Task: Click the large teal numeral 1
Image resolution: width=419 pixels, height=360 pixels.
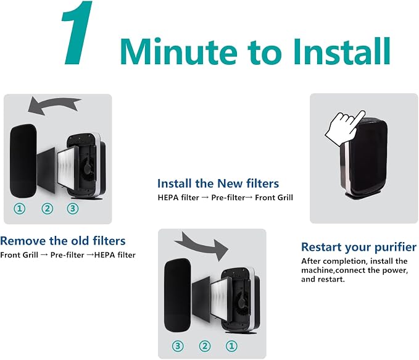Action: point(78,32)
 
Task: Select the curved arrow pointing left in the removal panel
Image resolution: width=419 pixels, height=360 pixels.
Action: point(54,105)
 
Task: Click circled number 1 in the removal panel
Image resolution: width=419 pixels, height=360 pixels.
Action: point(20,209)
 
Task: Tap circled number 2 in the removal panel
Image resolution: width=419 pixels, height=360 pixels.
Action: point(48,209)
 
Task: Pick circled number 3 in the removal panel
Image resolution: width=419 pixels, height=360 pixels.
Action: point(73,209)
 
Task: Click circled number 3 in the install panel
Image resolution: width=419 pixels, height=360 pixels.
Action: point(178,346)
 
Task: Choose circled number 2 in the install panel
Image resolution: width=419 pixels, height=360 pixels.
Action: point(205,346)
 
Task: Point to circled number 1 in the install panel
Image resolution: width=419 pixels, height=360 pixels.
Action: point(231,346)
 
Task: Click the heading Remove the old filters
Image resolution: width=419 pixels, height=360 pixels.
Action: point(63,241)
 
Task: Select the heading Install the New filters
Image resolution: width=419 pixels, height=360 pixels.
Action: point(218,183)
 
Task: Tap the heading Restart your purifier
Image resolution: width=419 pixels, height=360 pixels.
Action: point(359,247)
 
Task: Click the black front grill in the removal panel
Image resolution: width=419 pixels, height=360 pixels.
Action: point(23,161)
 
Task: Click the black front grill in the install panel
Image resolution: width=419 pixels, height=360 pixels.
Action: point(178,296)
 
